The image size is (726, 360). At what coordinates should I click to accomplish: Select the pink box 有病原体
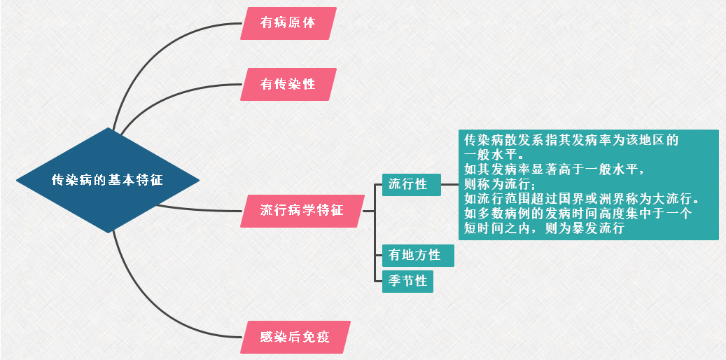(288, 23)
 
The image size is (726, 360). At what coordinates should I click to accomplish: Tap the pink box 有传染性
(288, 84)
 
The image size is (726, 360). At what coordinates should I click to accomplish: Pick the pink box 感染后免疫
(294, 338)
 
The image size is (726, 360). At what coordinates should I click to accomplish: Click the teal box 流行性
(411, 185)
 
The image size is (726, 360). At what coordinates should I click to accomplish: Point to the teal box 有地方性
(418, 256)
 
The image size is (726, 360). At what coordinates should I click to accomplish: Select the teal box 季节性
(407, 281)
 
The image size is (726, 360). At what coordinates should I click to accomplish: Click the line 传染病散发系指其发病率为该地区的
(571, 139)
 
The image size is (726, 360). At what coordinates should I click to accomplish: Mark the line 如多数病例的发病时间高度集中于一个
(578, 214)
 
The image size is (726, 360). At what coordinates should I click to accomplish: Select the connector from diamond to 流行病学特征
(203, 209)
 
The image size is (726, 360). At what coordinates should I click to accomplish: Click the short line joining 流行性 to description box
(449, 185)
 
